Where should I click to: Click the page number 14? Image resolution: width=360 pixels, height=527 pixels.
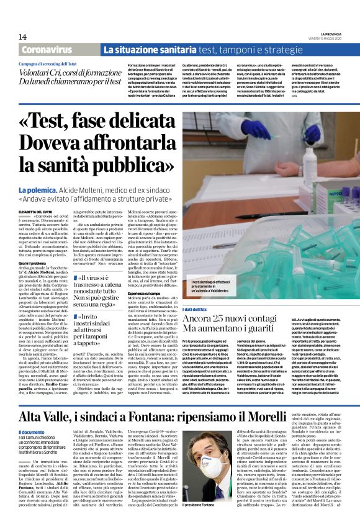click(24, 37)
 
